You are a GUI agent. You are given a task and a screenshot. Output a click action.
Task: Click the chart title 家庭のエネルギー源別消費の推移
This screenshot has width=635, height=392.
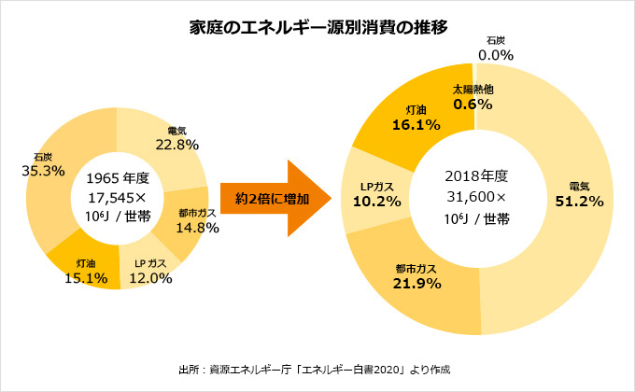[x=317, y=27]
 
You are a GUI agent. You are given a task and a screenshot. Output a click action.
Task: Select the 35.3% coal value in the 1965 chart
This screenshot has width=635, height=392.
[x=42, y=171]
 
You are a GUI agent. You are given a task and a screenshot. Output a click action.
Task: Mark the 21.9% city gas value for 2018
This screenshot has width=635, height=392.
[x=416, y=284]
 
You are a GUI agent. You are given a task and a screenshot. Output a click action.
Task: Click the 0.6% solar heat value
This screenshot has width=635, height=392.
[x=473, y=105]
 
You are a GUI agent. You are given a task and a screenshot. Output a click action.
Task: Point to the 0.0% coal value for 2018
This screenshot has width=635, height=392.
[x=496, y=55]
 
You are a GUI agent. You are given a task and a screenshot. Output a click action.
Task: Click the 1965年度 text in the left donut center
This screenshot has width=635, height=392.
[x=118, y=178]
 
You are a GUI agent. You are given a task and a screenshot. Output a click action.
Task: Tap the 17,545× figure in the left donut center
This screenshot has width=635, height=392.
[x=118, y=197]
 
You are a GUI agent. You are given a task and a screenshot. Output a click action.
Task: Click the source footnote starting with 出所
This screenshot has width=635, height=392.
[x=317, y=369]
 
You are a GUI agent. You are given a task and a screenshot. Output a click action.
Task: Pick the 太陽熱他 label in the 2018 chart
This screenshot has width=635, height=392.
[x=473, y=89]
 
